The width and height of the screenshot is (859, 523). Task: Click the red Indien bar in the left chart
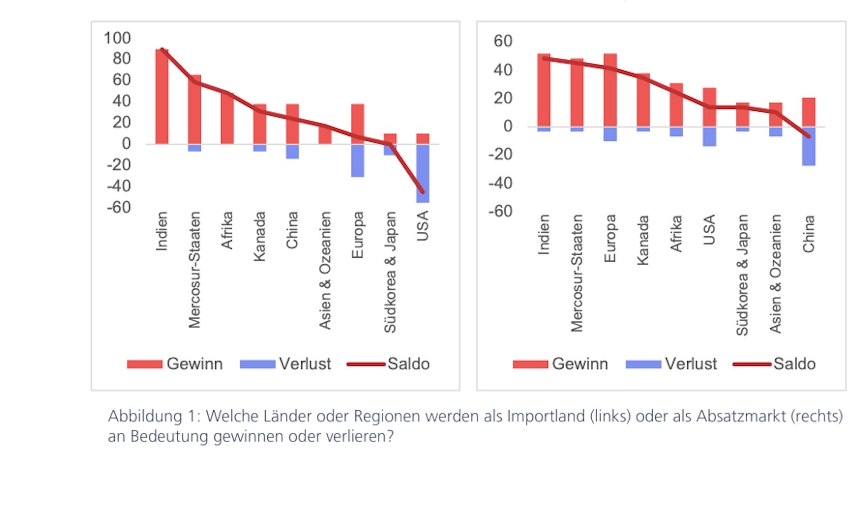coord(161,96)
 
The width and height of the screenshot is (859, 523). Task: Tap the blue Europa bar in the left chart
coord(357,160)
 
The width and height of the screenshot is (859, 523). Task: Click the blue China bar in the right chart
coord(808,146)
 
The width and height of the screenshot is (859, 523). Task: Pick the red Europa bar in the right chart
coord(610,90)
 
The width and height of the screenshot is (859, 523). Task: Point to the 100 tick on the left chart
coord(117,38)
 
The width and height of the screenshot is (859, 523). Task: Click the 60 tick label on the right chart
coord(503,41)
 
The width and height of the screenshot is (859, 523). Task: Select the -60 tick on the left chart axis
coord(119,207)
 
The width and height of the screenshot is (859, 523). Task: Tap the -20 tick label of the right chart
coord(500,154)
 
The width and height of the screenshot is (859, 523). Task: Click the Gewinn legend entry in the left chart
coord(175,364)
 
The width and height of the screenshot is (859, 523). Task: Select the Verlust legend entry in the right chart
coord(671,364)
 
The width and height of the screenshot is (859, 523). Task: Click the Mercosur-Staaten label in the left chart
coord(194,270)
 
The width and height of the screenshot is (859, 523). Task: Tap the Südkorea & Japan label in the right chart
coord(742,275)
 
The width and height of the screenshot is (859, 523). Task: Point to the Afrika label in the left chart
coord(227,230)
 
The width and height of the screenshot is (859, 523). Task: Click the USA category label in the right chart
coord(709,230)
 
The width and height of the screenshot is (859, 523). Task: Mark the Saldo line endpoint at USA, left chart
coord(422,192)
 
